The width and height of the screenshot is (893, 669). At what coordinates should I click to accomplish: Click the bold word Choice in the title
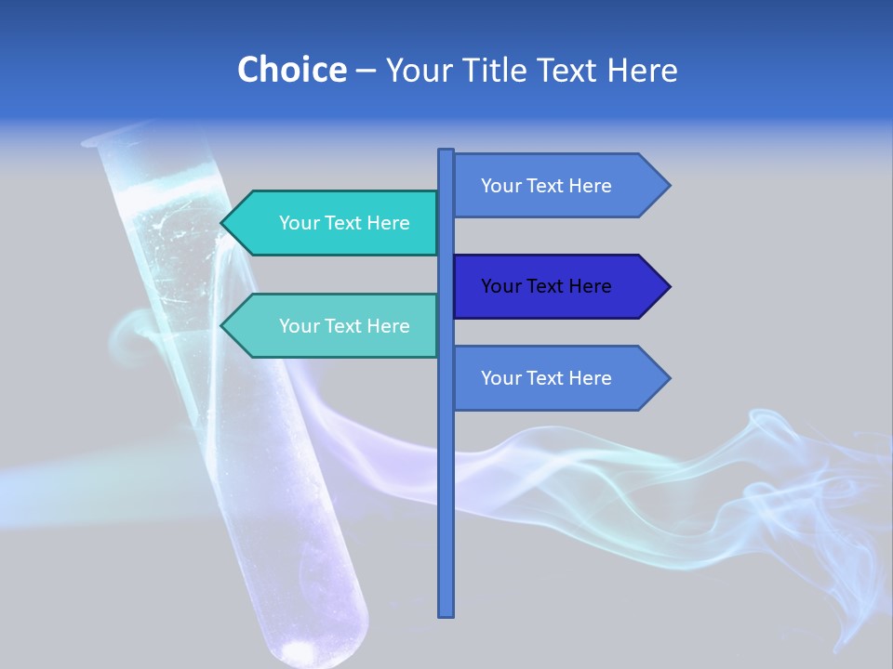(x=291, y=70)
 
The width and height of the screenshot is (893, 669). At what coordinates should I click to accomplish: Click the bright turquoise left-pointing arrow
(x=335, y=223)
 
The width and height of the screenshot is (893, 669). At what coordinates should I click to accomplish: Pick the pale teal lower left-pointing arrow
(x=335, y=326)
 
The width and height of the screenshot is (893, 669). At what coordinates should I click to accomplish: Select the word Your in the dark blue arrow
(x=500, y=286)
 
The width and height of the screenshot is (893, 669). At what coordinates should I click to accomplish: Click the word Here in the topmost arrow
(x=590, y=186)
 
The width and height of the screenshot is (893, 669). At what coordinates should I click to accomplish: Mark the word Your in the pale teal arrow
(x=298, y=326)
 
